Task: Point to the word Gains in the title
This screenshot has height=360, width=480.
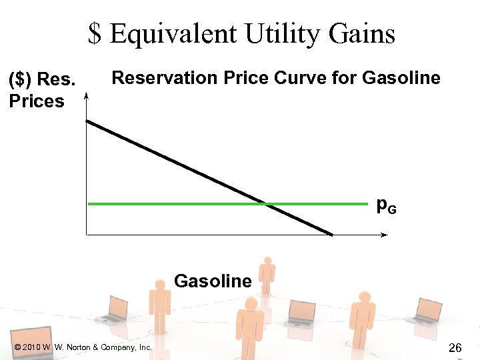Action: (x=363, y=33)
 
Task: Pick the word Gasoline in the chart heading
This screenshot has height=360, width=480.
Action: (x=401, y=78)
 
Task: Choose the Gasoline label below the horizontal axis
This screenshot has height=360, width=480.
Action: (x=213, y=281)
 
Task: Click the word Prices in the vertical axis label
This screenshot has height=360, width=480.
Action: (x=37, y=101)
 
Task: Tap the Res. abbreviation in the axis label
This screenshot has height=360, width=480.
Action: (x=57, y=81)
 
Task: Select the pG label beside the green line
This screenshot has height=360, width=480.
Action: (x=386, y=206)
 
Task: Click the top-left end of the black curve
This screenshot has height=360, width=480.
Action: (x=87, y=121)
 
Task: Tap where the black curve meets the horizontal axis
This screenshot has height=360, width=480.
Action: (x=331, y=234)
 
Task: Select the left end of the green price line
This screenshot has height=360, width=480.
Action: (x=89, y=203)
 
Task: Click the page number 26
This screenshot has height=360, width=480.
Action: (x=456, y=347)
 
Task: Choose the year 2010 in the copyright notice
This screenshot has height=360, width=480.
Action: (x=32, y=347)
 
